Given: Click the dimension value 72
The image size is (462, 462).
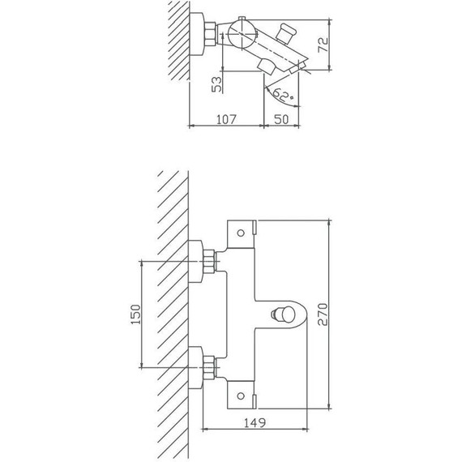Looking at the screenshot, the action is click(323, 45).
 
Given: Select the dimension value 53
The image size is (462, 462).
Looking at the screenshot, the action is click(217, 84).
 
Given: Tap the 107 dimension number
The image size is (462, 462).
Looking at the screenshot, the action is click(226, 120).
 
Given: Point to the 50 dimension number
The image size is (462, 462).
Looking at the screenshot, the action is click(281, 120).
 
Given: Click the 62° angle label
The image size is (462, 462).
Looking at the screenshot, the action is click(283, 95).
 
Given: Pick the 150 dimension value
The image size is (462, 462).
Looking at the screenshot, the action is click(135, 314).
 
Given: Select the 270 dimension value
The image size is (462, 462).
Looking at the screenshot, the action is click(323, 314).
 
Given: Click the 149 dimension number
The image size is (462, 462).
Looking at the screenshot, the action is click(255, 423).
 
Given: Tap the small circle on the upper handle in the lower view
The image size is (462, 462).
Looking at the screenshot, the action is click(241, 233).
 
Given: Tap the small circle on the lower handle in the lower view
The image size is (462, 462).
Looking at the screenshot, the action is click(241, 396).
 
